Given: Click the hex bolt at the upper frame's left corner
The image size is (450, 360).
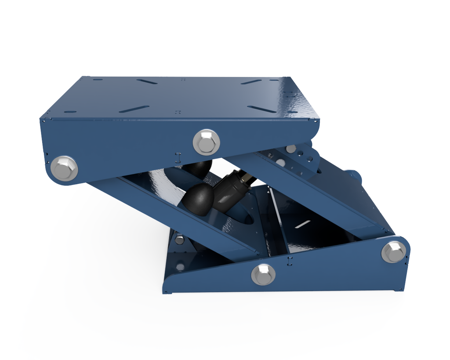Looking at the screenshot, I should click(64, 168).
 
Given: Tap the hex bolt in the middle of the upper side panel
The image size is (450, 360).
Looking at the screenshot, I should click(206, 142).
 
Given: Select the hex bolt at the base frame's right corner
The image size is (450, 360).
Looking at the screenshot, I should click(393, 252).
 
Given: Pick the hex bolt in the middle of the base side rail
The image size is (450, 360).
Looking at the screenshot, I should click(263, 274).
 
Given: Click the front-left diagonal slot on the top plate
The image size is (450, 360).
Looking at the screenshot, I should click(134, 109).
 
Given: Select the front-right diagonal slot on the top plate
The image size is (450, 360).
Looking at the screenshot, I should click(261, 109).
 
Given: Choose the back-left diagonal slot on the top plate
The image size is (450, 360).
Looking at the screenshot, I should click(147, 81).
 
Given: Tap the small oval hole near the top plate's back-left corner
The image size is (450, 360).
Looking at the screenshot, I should click(98, 80).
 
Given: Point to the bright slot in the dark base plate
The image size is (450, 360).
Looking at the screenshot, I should click(302, 224).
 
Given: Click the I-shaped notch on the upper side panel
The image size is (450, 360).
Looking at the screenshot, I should click(178, 156).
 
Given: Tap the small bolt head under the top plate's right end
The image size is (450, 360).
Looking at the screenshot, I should click(290, 149).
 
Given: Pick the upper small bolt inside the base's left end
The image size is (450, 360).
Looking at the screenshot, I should click(179, 240).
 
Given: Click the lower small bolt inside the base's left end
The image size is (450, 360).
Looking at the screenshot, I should click(180, 266).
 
